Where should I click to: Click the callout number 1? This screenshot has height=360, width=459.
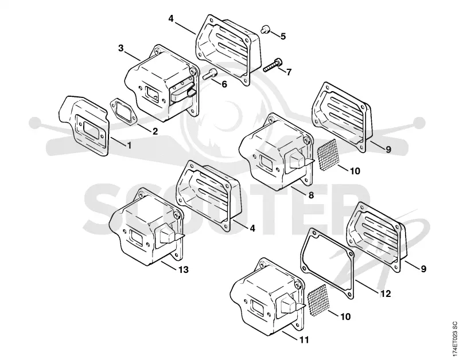(x=129, y=145)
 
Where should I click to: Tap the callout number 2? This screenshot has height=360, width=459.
(x=155, y=131)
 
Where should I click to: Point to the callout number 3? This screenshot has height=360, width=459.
(x=121, y=48)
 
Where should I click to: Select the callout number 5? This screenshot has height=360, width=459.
(x=283, y=36)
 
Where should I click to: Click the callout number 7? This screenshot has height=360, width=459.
(x=289, y=72)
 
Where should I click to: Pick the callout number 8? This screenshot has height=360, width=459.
(x=311, y=195)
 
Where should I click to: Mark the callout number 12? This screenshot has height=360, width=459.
(x=385, y=294)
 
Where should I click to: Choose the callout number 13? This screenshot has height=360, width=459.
(x=184, y=269)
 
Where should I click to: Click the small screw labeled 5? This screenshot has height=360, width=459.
(x=265, y=29)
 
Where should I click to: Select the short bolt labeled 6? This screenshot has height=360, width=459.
(x=210, y=74)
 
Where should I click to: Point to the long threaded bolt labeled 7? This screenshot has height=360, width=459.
(x=273, y=65)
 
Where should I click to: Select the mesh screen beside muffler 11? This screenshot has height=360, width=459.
(x=318, y=300)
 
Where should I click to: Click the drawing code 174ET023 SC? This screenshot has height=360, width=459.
(x=454, y=338)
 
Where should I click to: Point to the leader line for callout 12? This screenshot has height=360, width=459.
(x=367, y=285)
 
